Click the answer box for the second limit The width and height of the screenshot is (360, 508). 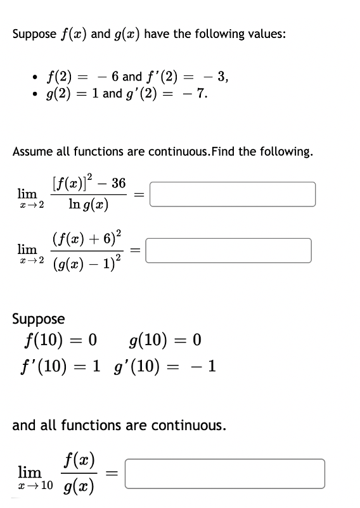[229, 250]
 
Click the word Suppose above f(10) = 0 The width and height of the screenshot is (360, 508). [38, 319]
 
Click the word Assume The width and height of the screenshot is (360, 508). [33, 152]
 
